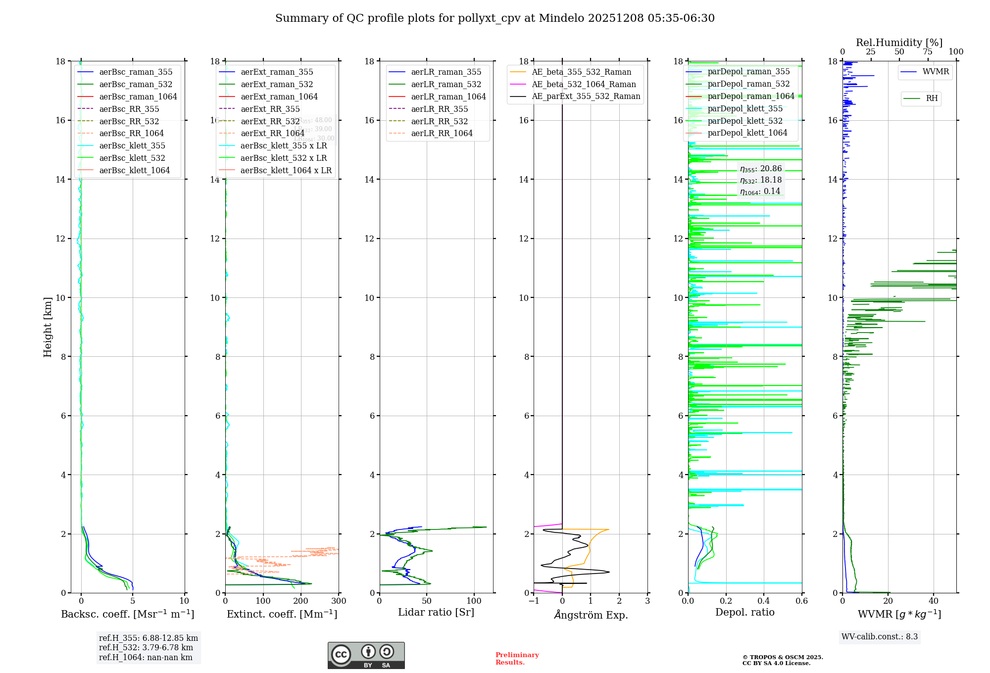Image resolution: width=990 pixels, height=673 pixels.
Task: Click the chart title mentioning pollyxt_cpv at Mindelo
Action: point(495,18)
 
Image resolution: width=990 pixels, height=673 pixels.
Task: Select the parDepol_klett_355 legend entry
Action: point(744,109)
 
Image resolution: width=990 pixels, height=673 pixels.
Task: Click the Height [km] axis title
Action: point(48,327)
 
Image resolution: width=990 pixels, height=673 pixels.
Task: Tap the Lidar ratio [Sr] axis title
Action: point(436,612)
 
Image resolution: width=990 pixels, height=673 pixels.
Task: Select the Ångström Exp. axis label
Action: point(591,615)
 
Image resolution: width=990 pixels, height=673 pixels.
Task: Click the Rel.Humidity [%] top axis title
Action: point(899,43)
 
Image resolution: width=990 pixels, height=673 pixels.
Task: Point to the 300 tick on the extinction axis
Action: point(339,601)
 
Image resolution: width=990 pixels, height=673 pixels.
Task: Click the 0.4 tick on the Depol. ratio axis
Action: point(764,601)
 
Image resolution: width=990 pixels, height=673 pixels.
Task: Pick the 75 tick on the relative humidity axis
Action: point(927,52)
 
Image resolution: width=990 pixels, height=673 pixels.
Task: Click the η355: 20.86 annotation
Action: point(760,169)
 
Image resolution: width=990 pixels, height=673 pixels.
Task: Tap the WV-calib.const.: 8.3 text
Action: point(879,637)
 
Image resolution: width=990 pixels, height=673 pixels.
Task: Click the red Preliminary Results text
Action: point(517,659)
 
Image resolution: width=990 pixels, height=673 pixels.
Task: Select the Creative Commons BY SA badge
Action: point(366,655)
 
